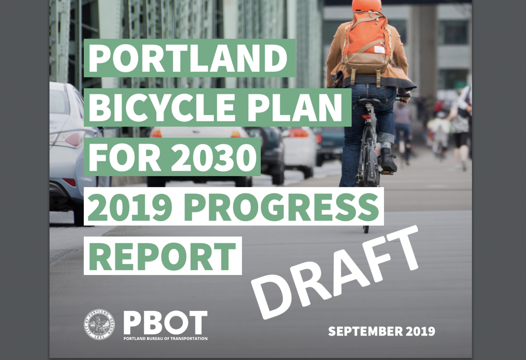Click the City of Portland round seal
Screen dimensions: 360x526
tap(100, 325)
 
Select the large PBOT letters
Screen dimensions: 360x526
tap(165, 322)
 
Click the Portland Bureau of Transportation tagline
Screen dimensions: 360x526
tap(165, 339)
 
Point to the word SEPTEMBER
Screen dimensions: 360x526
tap(361, 331)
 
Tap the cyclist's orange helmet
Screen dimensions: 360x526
tap(366, 5)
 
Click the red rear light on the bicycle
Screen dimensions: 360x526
tap(366, 117)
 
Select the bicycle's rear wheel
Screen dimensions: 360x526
tap(366, 193)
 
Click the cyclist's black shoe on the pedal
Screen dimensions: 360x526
tap(388, 161)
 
